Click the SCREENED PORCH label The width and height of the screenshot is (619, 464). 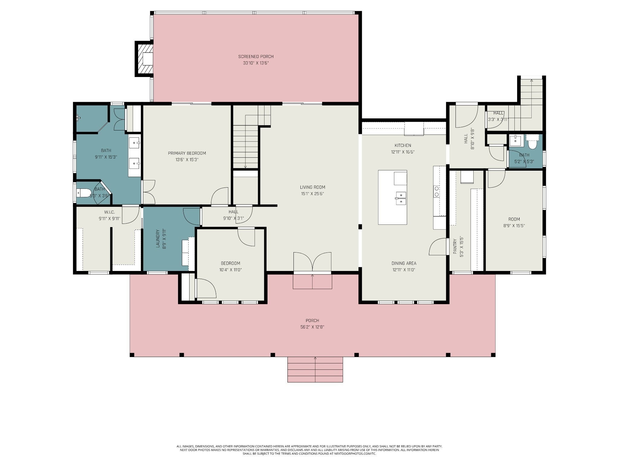coord(256,56)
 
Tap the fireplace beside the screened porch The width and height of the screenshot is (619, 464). coord(144,59)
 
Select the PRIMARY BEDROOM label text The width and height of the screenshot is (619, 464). coord(187,153)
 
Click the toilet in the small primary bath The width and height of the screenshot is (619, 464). coord(84,192)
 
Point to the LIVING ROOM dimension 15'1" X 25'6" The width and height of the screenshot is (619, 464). coord(313,194)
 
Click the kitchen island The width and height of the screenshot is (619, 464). coord(392,197)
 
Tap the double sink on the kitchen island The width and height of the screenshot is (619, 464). coord(401,198)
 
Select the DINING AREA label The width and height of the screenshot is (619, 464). coord(403,263)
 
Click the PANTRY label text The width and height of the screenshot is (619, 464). coord(455,246)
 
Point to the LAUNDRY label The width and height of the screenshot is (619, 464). coord(157,239)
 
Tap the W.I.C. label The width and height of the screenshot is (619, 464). coord(109,212)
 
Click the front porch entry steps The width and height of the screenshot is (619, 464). coord(315,369)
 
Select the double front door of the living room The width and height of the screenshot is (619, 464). coord(312,263)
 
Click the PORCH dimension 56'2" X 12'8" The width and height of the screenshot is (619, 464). coord(312,327)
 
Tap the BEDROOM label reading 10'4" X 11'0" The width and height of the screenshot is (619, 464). coord(230,263)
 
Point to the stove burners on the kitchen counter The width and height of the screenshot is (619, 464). coord(437,192)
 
